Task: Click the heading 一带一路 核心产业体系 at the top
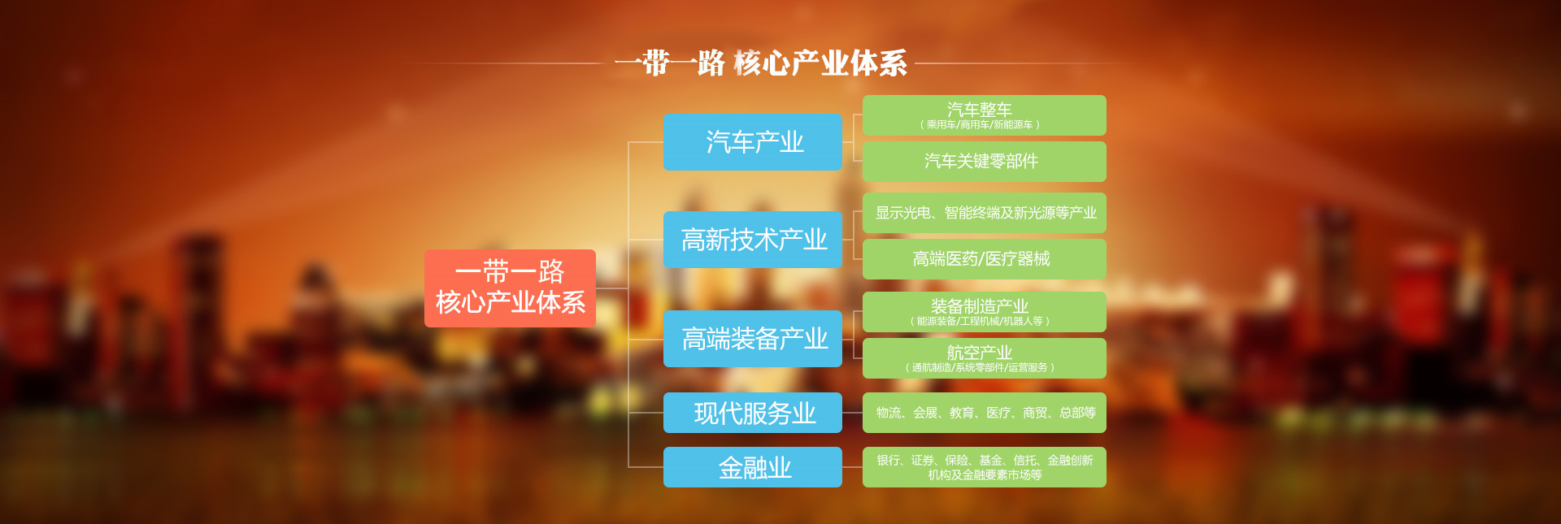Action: click(761, 63)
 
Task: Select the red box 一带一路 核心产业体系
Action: click(510, 288)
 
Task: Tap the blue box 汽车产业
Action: click(753, 142)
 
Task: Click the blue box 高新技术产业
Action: click(753, 240)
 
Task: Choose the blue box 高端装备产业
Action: click(753, 338)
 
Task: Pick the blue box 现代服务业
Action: click(753, 413)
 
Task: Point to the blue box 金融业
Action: click(753, 467)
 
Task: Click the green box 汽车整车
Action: click(985, 115)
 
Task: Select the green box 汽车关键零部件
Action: click(985, 162)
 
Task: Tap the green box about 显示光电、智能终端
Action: click(985, 213)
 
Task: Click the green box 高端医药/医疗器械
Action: click(985, 259)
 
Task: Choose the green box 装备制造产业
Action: click(985, 312)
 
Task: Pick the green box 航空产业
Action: click(985, 358)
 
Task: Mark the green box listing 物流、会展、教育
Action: click(985, 413)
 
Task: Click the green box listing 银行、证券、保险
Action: click(985, 467)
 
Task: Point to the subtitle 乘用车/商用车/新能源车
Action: click(980, 125)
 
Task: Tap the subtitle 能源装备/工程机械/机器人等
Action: click(980, 322)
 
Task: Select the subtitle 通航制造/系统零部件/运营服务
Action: click(980, 368)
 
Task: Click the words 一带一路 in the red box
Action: click(510, 271)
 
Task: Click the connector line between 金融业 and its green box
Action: click(852, 467)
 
